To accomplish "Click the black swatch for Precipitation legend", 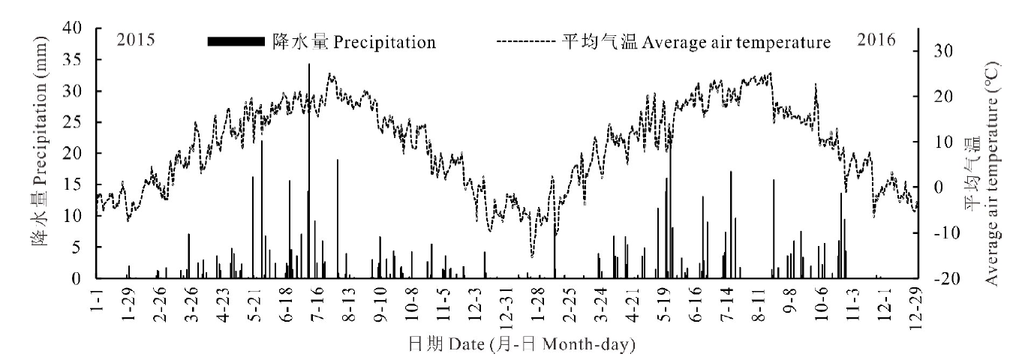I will coord(236,42).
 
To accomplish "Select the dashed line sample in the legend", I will coord(526,42).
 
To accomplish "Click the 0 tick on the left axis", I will coord(83,278).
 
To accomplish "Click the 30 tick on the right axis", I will coord(942,51).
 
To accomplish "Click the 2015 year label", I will coord(136,40).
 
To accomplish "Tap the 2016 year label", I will coord(876,40).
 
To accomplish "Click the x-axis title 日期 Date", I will coord(521,344).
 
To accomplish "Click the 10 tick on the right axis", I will coord(942,142).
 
